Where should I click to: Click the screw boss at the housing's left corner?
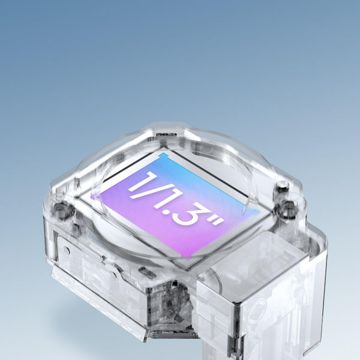click(x=61, y=209)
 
